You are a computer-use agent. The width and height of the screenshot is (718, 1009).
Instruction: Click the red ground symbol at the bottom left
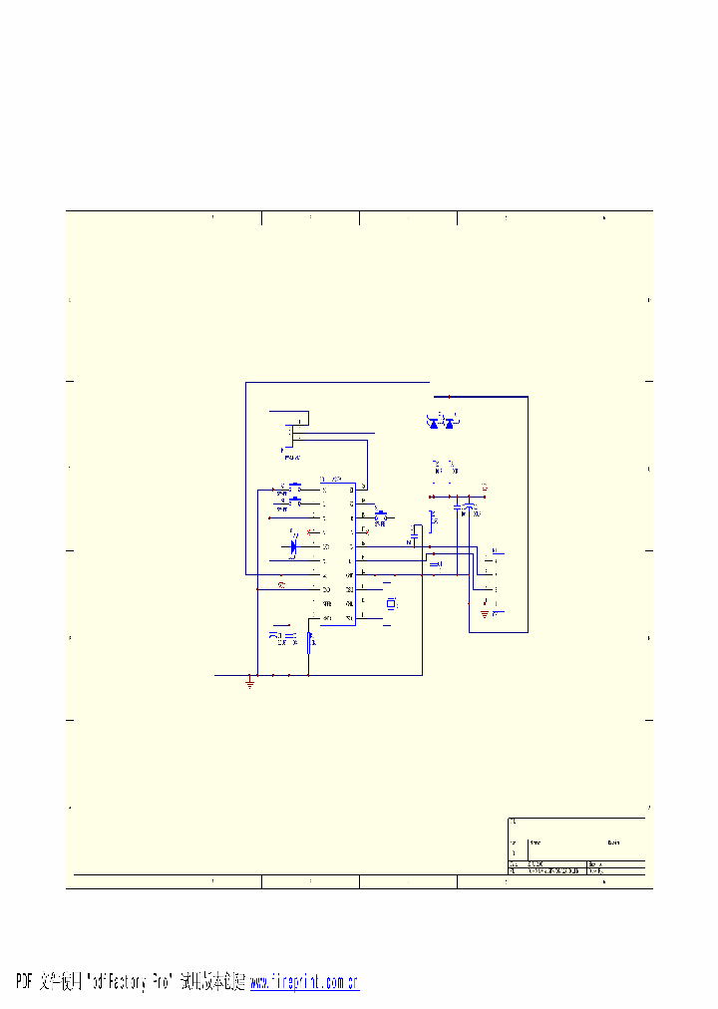249,683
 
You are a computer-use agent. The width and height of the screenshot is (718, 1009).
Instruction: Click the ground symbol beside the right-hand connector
485,614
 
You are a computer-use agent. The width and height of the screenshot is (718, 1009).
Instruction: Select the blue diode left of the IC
294,546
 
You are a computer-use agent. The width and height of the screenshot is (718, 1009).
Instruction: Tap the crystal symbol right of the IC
391,603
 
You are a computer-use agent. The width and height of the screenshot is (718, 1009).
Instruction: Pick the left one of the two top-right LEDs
434,423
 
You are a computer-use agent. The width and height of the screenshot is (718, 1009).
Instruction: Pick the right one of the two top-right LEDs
449,423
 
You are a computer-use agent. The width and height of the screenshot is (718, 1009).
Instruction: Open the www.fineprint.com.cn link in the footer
303,982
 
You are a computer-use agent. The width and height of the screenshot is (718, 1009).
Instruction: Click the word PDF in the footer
25,982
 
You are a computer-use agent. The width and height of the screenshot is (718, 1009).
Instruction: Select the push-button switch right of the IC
380,516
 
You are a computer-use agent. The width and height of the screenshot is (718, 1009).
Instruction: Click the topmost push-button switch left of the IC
294,488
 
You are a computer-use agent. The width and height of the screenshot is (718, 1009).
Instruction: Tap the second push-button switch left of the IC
294,503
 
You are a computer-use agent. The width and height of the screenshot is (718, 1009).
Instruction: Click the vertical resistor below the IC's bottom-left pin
310,641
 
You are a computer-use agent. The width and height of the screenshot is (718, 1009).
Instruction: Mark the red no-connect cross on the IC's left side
308,532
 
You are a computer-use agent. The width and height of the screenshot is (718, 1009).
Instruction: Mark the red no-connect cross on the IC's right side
367,532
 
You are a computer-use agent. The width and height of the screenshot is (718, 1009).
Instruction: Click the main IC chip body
337,553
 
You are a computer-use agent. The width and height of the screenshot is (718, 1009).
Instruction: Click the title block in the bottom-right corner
576,847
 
